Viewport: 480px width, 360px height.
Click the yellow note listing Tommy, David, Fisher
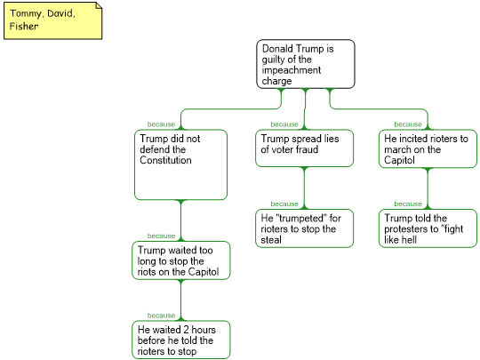tap(53, 20)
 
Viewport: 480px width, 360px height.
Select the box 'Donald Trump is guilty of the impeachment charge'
tap(306, 64)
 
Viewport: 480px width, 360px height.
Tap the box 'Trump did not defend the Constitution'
tap(180, 164)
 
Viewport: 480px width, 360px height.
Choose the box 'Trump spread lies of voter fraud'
tap(304, 148)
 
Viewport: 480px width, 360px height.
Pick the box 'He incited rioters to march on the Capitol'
tap(428, 148)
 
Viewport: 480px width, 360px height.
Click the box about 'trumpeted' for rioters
tap(304, 228)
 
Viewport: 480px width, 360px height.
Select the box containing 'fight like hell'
tap(428, 228)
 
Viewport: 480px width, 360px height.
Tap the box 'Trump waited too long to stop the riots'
tap(181, 260)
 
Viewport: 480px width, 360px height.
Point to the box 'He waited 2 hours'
tap(181, 340)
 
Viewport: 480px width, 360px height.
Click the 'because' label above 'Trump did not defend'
tap(161, 124)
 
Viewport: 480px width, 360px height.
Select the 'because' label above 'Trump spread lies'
tap(284, 124)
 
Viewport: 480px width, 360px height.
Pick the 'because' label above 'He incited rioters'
tap(408, 124)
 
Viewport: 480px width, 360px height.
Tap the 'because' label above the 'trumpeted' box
tap(284, 204)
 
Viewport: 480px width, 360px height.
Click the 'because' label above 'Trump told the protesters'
tap(408, 204)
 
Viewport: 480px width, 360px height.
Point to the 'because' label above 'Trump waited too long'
tap(161, 236)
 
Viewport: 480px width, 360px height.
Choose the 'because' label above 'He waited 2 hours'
tap(161, 316)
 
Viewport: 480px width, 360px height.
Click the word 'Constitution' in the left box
tap(165, 160)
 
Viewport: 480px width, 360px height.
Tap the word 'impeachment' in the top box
tap(292, 70)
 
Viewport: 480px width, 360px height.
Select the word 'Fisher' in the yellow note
tap(24, 26)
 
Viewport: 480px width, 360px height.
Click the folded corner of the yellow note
tap(99, 5)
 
